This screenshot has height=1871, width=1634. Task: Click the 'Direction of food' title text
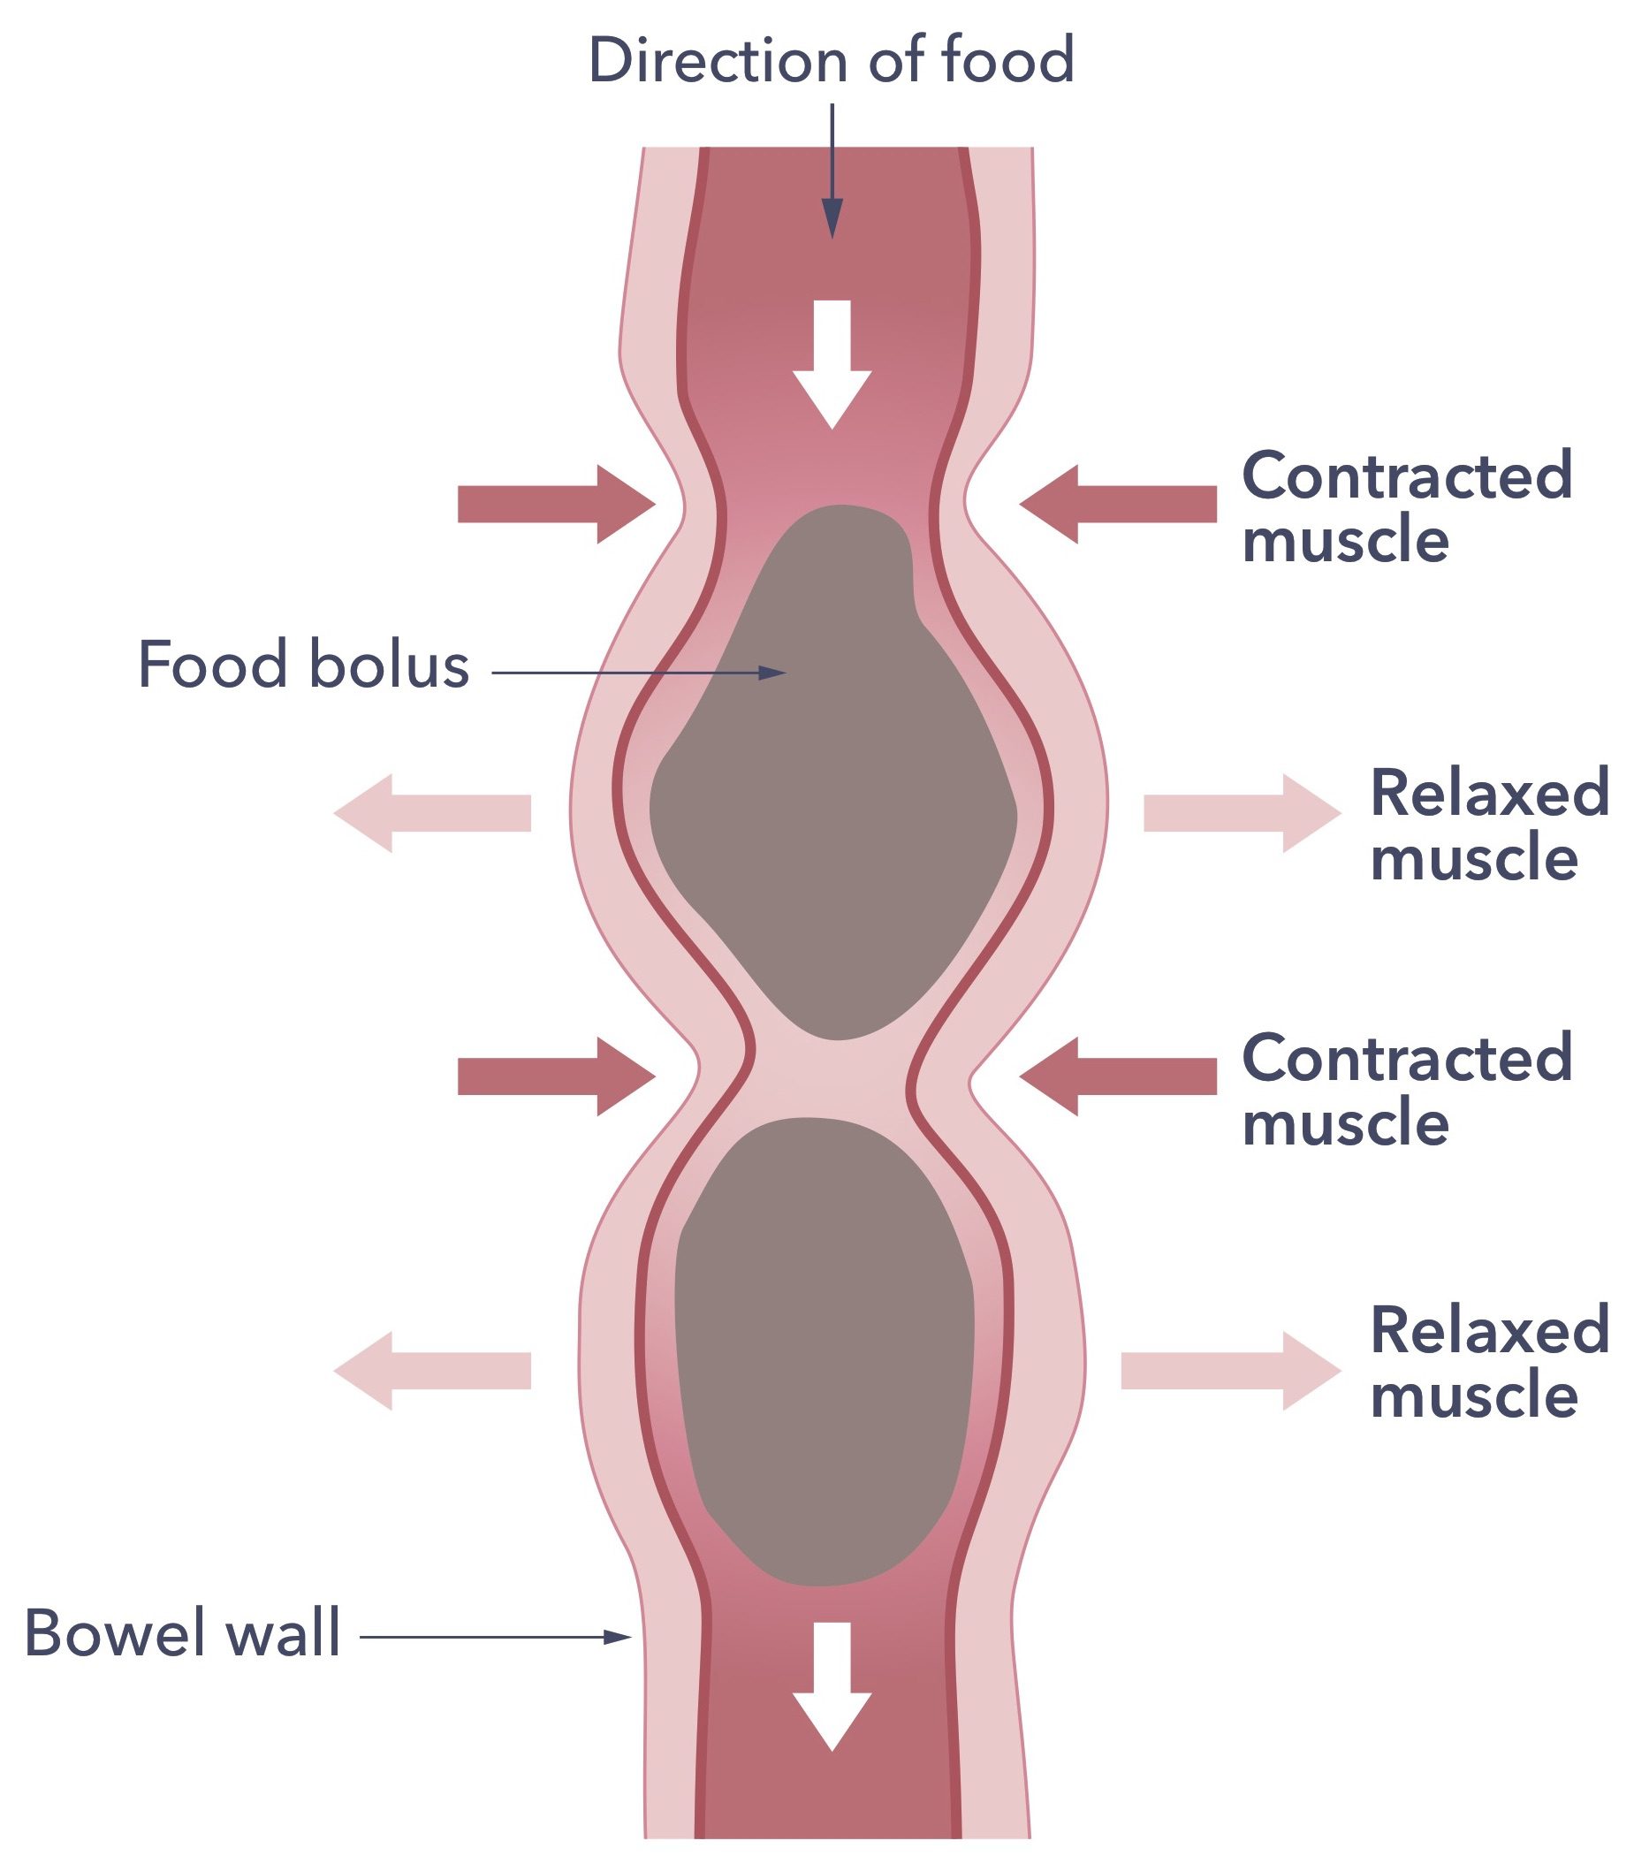[831, 60]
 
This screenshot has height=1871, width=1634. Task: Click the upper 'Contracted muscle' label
[1407, 507]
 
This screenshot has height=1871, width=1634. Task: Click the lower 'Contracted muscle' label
[1407, 1090]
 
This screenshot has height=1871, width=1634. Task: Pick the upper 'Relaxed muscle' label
[1489, 825]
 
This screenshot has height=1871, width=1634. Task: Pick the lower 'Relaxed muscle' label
[1489, 1362]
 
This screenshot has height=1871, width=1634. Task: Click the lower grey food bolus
[825, 1350]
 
